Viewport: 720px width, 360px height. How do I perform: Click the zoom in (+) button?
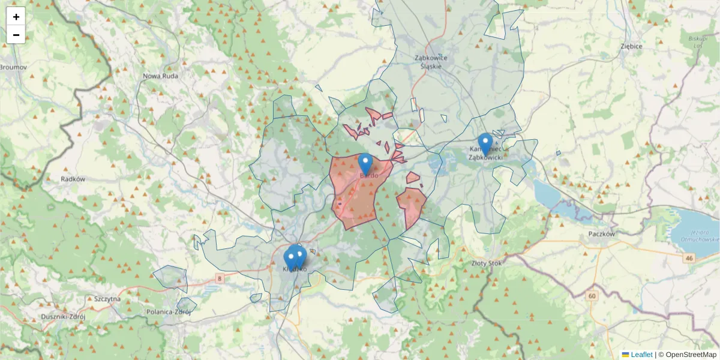coord(16,17)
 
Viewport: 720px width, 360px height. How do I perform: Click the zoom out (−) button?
coord(16,35)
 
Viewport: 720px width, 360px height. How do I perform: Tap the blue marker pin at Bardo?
coord(365,163)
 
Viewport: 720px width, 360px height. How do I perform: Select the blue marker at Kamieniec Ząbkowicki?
coord(485,143)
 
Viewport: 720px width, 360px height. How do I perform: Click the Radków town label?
coord(73,179)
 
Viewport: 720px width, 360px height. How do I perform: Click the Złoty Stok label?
coord(487,262)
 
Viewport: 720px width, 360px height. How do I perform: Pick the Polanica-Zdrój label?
coord(169,312)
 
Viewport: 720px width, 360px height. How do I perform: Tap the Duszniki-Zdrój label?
coord(62,316)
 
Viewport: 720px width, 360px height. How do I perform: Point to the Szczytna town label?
coord(107,298)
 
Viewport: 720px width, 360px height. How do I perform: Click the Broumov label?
coord(13,67)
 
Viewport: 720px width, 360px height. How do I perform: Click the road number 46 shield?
coord(689,258)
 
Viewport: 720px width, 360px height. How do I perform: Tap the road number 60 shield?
coord(592,296)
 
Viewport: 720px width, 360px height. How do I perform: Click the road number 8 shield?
coord(220,278)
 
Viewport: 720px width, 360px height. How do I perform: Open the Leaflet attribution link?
coord(641,355)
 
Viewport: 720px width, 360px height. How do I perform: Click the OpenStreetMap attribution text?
coord(691,355)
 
